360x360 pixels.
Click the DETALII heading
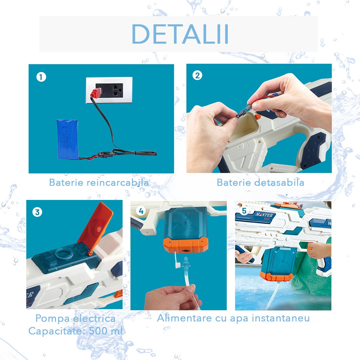180,34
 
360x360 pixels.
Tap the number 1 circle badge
41,77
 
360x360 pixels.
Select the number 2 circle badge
197,76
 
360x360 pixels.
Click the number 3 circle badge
37,212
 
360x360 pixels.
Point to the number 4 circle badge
141,211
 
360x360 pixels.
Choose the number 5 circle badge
244,211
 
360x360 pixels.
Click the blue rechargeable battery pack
67,139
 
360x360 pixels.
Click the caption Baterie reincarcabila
99,182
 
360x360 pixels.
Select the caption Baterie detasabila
260,182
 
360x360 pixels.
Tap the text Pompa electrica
75,318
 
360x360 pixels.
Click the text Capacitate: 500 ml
75,331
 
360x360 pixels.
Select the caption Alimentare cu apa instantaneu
233,318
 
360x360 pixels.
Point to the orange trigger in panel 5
309,247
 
